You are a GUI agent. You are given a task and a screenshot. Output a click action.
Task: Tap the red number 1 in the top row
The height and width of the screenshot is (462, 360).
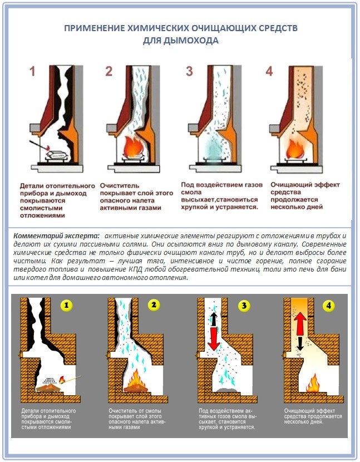32,72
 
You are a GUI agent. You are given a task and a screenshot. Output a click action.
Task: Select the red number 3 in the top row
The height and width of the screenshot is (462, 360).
189,71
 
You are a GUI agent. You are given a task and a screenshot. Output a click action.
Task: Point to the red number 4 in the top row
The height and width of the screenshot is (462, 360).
269,71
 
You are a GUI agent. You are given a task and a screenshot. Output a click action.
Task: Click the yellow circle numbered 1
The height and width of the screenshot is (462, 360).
66,306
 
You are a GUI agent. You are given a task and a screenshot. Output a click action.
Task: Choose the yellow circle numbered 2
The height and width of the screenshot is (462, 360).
154,305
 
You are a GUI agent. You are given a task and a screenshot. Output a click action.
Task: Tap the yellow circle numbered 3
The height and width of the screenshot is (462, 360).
244,306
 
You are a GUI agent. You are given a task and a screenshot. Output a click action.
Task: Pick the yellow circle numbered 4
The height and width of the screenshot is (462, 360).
328,306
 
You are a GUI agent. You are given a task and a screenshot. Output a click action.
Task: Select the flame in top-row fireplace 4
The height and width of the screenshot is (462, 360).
295,149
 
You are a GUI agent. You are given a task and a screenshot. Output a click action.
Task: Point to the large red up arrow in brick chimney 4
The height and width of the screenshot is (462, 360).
301,323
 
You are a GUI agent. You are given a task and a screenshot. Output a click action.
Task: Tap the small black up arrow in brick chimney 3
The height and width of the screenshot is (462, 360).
214,320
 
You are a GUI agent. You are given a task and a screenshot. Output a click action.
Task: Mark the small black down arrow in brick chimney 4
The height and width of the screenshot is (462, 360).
300,343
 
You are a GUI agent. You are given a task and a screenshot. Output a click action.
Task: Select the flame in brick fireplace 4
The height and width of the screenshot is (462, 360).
313,382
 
